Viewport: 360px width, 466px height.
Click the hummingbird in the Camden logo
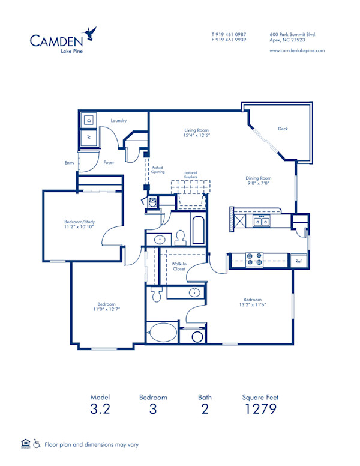(x=91, y=34)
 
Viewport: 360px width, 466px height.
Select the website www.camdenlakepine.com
(x=297, y=51)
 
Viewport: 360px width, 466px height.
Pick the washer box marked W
(x=89, y=138)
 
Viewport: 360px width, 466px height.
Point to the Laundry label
(x=118, y=121)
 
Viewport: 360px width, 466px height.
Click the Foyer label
(x=109, y=162)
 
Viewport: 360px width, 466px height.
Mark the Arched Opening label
(x=158, y=170)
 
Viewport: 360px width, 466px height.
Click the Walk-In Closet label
(x=179, y=266)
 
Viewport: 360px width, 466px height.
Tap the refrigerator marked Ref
(x=298, y=261)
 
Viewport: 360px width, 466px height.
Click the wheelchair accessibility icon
(x=37, y=444)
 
